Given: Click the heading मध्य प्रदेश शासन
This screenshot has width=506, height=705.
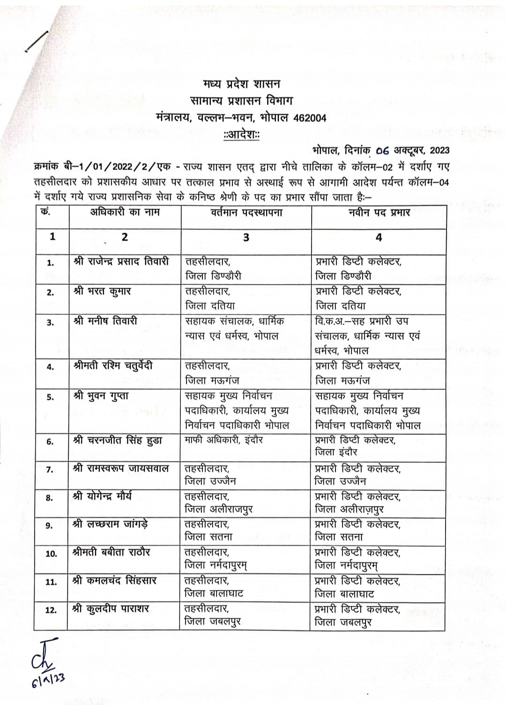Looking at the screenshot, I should tap(241, 84).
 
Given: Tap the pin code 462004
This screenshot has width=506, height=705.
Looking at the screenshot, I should tap(310, 118).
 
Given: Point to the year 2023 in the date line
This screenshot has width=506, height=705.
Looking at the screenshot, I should tap(439, 150).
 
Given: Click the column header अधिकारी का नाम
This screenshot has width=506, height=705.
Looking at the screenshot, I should tap(125, 212).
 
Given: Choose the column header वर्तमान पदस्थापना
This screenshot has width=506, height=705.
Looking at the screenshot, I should tap(246, 212).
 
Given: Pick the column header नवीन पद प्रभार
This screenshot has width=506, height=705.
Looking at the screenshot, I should tap(379, 212).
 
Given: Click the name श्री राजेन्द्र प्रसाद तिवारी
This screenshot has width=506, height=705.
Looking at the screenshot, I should tap(121, 261).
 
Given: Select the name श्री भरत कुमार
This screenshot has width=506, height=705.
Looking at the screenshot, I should tap(102, 291).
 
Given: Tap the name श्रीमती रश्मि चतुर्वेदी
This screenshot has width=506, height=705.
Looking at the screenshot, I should tap(113, 366).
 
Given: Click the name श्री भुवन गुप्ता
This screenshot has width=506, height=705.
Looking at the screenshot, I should tap(101, 396).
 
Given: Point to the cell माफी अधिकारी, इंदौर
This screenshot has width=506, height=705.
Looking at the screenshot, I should tap(224, 440).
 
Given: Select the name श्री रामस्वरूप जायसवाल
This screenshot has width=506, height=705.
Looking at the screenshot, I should tap(121, 468).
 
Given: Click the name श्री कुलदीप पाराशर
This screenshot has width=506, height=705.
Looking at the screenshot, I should tap(111, 609).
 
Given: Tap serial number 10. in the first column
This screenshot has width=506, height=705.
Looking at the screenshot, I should tap(52, 554).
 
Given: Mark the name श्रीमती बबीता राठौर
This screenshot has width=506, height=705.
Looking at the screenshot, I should tap(112, 552).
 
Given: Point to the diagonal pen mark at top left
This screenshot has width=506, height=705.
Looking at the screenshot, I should tap(37, 40).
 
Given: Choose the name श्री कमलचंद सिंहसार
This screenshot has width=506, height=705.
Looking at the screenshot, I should tap(114, 581).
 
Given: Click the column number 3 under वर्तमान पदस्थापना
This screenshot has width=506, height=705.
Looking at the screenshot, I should tap(246, 237).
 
